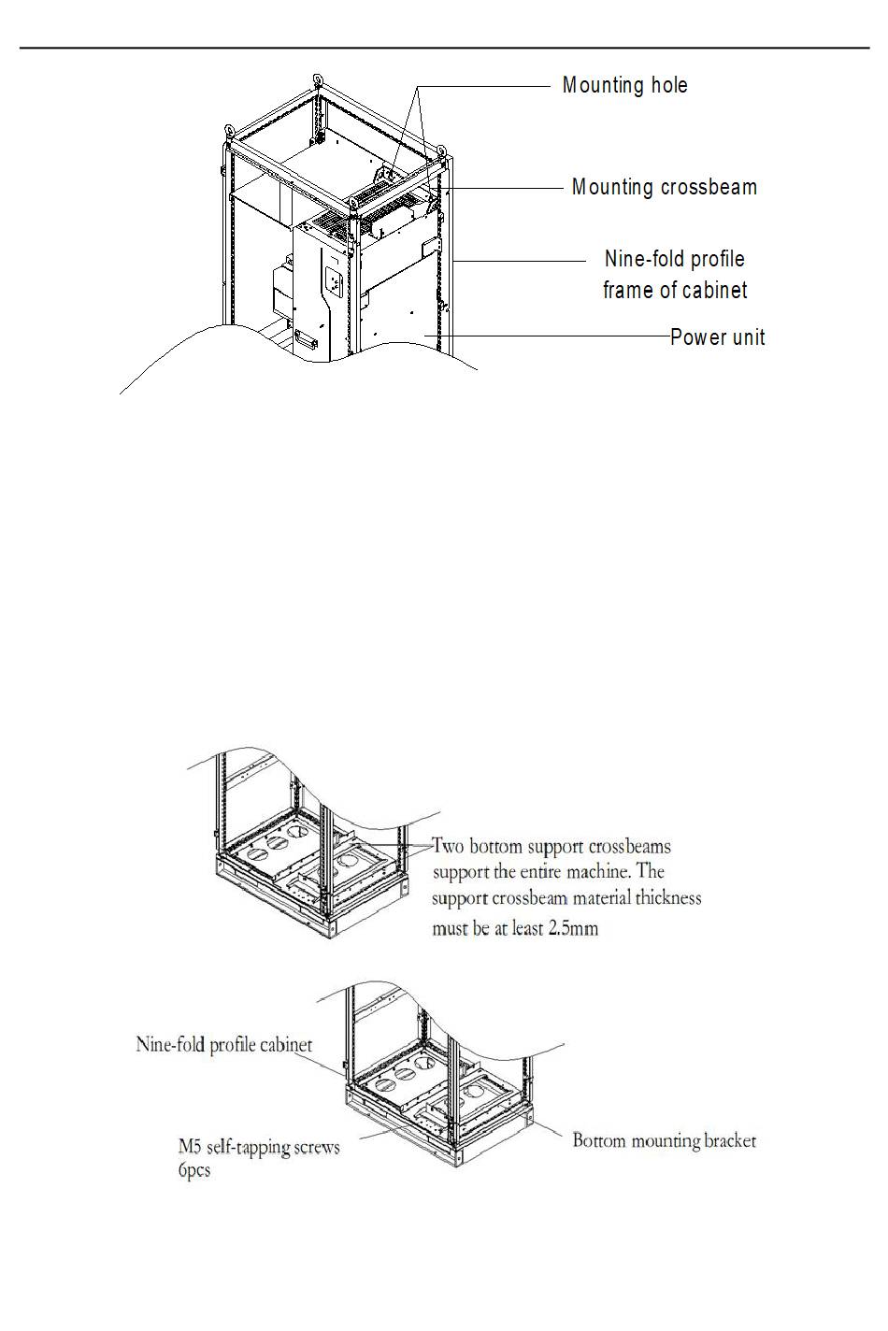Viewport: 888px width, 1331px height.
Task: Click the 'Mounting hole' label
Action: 624,85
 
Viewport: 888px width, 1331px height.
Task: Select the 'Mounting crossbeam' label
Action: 664,187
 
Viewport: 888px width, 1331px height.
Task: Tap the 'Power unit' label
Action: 717,336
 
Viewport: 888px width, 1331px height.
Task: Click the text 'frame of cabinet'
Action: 675,291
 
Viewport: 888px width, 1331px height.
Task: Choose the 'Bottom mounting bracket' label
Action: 664,1140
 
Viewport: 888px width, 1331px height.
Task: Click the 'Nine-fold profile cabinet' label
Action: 224,1044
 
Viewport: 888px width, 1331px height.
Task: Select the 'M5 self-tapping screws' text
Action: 259,1147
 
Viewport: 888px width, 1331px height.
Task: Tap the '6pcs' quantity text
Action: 194,1169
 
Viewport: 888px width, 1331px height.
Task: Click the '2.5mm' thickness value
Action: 573,928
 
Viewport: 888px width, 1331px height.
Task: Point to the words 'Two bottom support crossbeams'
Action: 551,847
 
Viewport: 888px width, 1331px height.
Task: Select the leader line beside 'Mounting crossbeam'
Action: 509,188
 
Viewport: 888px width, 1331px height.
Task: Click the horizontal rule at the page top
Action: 444,48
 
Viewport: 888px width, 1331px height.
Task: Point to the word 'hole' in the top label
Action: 669,85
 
